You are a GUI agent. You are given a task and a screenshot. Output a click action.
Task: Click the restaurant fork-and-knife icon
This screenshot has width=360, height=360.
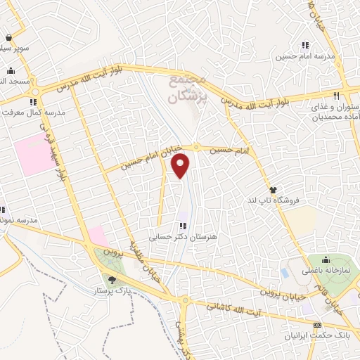click(337, 96)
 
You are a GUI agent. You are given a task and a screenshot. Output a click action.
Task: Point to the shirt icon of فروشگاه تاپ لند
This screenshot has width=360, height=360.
click(273, 190)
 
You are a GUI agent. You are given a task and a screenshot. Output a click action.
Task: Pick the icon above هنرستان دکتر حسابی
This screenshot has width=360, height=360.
click(183, 226)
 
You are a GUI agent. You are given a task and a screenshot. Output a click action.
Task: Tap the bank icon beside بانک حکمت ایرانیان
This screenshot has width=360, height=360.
click(317, 325)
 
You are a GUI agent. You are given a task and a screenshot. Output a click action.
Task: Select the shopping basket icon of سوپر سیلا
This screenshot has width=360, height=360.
click(8, 39)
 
